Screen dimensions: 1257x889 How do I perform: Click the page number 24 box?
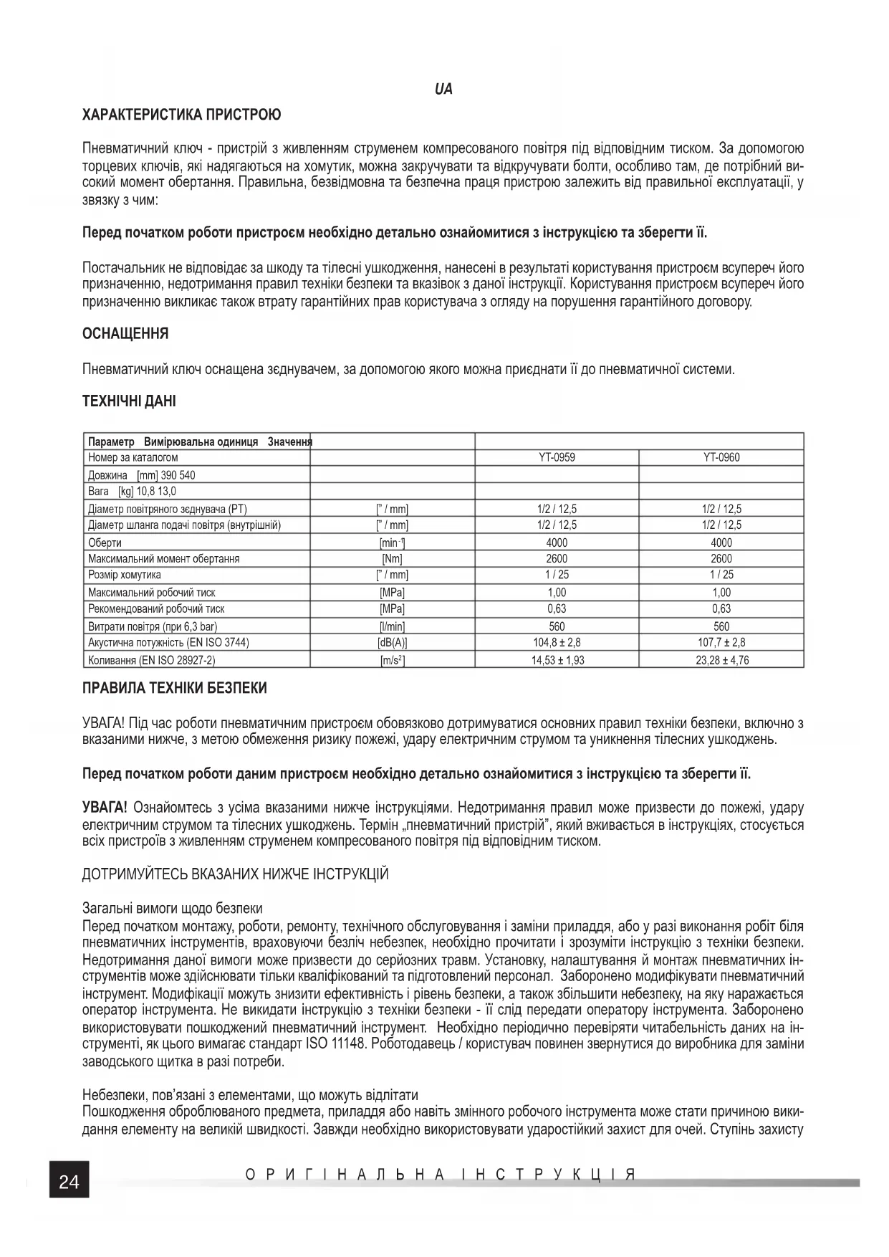[69, 1182]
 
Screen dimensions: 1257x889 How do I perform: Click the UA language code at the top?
[443, 90]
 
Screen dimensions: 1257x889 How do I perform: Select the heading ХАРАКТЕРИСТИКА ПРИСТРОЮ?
[182, 115]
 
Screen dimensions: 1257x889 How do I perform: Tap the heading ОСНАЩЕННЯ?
[125, 334]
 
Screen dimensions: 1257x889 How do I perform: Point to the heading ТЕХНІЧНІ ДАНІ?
[129, 401]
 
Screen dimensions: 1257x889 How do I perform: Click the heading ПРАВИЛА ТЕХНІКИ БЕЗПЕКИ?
[175, 689]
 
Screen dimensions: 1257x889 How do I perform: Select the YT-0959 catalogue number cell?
[557, 457]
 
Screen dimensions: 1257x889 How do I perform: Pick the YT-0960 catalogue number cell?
[721, 457]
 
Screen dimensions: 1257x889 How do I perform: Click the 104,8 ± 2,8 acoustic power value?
[557, 643]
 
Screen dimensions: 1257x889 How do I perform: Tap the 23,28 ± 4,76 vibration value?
[721, 660]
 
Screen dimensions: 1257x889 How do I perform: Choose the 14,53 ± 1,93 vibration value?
[557, 660]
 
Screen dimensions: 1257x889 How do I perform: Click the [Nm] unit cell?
[392, 559]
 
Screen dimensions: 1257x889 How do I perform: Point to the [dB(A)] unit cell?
[392, 643]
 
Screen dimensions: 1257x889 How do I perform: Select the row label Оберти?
[105, 543]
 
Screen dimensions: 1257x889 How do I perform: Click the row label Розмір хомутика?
[124, 575]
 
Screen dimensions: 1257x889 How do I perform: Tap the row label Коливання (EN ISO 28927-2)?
[151, 660]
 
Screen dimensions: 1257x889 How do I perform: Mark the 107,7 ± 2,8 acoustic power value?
[721, 643]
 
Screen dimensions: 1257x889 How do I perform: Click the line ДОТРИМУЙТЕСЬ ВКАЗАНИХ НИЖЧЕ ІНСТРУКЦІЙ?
[236, 874]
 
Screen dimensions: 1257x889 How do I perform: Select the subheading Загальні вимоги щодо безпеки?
[172, 909]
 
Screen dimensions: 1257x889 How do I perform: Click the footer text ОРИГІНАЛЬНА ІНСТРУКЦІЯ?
[441, 1175]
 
